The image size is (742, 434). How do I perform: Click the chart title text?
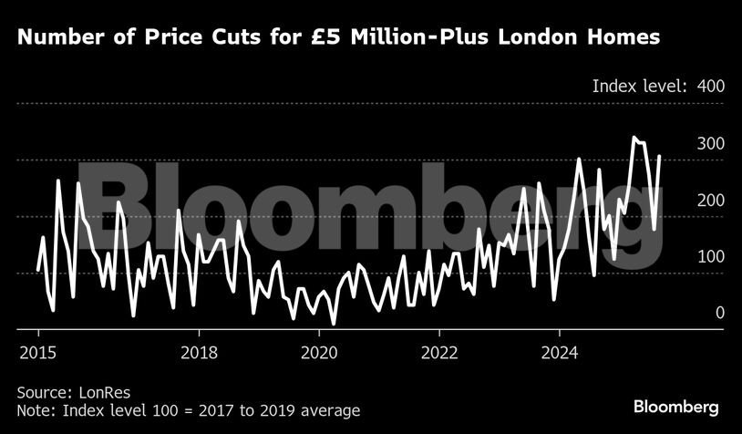coord(338,38)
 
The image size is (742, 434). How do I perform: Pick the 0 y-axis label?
coord(719,314)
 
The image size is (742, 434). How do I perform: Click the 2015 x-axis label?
coord(39,352)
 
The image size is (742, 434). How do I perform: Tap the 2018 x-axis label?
coord(198,352)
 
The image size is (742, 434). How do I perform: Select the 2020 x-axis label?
coord(318,352)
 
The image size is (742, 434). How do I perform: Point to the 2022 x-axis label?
coord(439,352)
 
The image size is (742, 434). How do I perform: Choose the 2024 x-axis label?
coord(560,352)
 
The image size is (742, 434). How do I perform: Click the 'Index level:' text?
coord(638,87)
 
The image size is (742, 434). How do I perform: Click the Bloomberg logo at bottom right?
coord(675,407)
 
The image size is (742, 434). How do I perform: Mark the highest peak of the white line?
coord(634,138)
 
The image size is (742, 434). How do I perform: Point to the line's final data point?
coord(660,157)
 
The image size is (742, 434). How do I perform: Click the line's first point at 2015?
coord(38,271)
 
